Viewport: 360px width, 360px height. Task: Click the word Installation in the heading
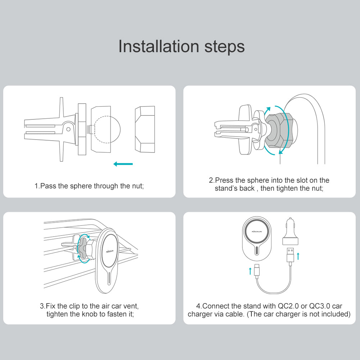[159, 46]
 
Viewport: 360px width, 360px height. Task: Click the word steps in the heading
[224, 47]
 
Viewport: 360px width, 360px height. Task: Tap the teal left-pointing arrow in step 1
[123, 164]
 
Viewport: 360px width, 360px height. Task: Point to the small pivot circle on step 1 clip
[68, 129]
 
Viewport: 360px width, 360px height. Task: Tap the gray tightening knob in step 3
[83, 248]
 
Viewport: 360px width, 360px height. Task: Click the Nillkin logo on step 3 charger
[110, 251]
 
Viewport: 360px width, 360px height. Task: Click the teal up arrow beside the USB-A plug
[298, 256]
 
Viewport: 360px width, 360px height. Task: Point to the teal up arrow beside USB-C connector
[250, 271]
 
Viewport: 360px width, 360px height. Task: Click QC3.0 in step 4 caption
[319, 306]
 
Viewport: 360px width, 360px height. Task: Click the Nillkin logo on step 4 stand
[257, 232]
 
